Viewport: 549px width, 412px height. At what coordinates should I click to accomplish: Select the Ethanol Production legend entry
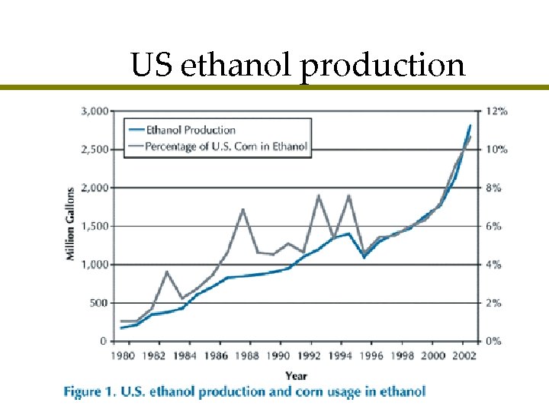(190, 130)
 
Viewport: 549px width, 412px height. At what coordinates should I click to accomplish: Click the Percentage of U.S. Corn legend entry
(226, 146)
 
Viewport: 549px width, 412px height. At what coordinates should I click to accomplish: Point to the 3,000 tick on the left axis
(94, 111)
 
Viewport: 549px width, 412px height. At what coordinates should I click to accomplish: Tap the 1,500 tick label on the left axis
(94, 226)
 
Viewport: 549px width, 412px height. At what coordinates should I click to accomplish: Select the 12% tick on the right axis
(496, 111)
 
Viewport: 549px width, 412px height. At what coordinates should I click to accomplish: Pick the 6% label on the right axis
(494, 226)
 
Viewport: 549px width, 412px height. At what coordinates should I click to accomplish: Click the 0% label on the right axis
(494, 341)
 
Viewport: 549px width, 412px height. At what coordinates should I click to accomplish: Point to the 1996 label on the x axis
(371, 356)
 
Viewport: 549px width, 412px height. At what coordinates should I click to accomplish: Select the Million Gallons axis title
(70, 224)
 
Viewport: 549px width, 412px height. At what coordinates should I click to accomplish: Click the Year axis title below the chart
(297, 375)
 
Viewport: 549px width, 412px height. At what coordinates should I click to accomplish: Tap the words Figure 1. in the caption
(88, 392)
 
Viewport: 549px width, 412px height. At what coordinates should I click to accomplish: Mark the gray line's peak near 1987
(242, 208)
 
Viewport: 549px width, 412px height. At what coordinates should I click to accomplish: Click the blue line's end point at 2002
(470, 125)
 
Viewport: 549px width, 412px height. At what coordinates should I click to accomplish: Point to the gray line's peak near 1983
(167, 271)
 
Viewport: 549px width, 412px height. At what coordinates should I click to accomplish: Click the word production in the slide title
(382, 66)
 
